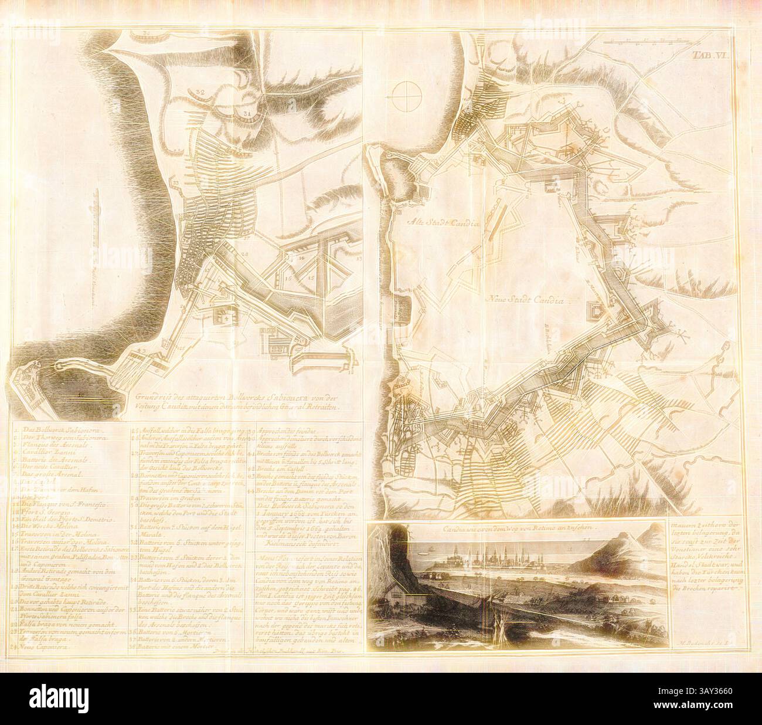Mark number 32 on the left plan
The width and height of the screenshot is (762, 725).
pos(199,93)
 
